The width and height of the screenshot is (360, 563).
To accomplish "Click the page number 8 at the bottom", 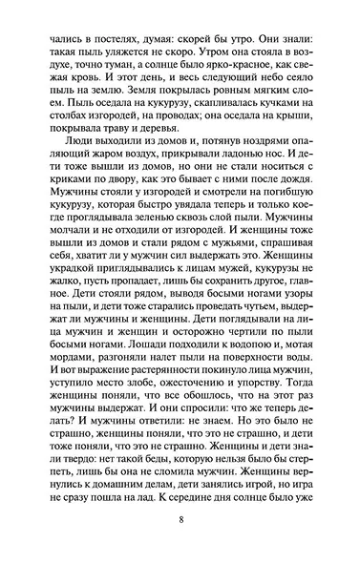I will [180, 521].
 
